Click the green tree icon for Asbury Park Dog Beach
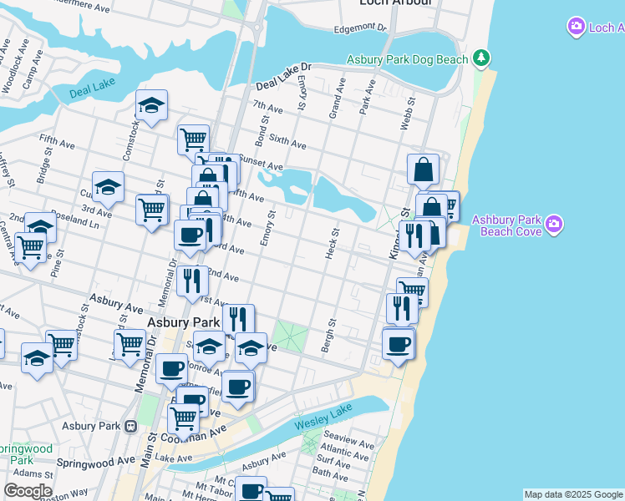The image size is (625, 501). click(x=480, y=58)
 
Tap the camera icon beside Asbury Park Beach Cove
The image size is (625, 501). click(x=552, y=224)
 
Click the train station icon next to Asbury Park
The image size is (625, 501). click(x=130, y=426)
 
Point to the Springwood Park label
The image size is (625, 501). click(x=27, y=454)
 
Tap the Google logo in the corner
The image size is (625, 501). click(x=27, y=491)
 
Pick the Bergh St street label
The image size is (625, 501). click(x=332, y=334)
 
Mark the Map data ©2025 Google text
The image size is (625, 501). click(x=573, y=494)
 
